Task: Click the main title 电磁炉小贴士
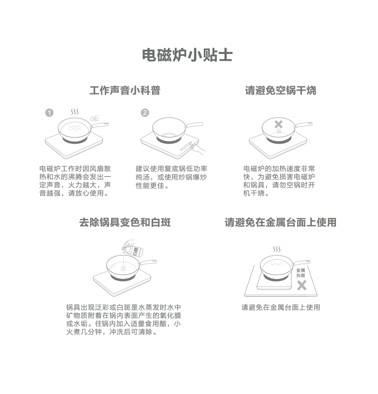click(x=187, y=55)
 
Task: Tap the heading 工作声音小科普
click(x=125, y=90)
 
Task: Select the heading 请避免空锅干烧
click(x=280, y=90)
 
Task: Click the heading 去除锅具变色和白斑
click(x=125, y=223)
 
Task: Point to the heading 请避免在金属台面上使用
click(x=280, y=223)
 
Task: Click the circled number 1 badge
click(x=49, y=113)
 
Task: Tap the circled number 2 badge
click(x=145, y=113)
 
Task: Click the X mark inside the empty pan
click(x=278, y=124)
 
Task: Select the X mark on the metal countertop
click(x=302, y=286)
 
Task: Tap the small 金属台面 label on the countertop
click(x=300, y=273)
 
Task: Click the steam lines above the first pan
click(x=75, y=112)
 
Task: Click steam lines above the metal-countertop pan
click(x=277, y=249)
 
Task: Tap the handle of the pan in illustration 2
click(x=194, y=124)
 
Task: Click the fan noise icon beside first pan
click(x=95, y=118)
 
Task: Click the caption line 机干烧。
click(x=256, y=193)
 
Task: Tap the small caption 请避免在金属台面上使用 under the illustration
click(x=280, y=307)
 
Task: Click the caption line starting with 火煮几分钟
click(x=112, y=332)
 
